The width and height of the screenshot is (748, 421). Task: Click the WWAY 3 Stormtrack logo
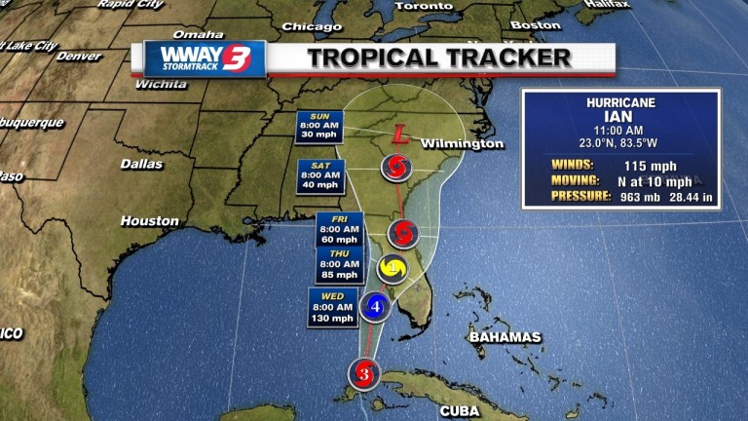click(x=205, y=58)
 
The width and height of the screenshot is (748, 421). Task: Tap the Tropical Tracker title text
click(x=439, y=57)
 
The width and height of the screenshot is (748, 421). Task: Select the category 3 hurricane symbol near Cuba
click(x=364, y=372)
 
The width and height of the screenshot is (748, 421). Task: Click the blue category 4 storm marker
click(x=376, y=306)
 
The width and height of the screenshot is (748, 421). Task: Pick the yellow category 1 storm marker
click(x=392, y=268)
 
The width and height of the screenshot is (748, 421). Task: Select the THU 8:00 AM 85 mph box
click(x=340, y=264)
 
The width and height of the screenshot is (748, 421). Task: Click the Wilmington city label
click(x=463, y=144)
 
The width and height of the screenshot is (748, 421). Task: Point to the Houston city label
click(x=150, y=221)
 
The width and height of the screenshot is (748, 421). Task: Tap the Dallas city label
click(x=141, y=164)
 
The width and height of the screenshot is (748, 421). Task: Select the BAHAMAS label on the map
click(x=505, y=337)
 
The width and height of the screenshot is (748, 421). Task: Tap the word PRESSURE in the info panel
click(x=580, y=196)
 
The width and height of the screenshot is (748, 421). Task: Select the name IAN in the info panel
click(x=620, y=116)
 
